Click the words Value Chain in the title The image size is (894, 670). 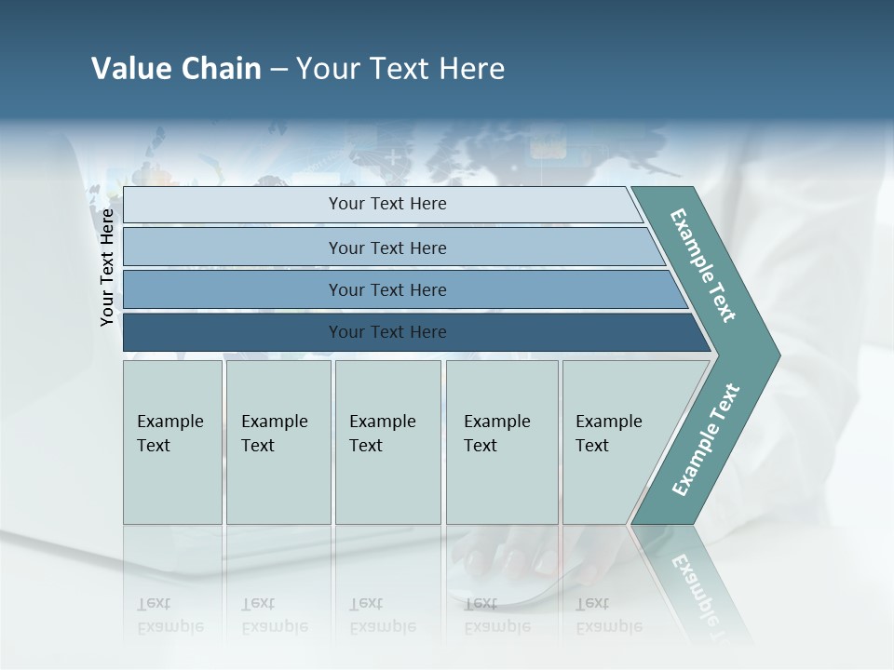pyautogui.click(x=176, y=69)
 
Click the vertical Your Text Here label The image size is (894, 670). pyautogui.click(x=108, y=267)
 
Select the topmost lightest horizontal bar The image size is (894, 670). pyautogui.click(x=233, y=205)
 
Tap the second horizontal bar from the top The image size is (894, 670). pyautogui.click(x=233, y=248)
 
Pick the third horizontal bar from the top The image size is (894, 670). pyautogui.click(x=233, y=289)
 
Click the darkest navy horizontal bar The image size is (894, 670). pyautogui.click(x=233, y=332)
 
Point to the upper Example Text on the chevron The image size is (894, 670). pyautogui.click(x=703, y=266)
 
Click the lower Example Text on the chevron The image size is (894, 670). pyautogui.click(x=705, y=440)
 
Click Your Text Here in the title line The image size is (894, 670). pyautogui.click(x=400, y=69)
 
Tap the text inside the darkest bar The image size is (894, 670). pyautogui.click(x=387, y=332)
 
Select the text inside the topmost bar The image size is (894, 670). pyautogui.click(x=387, y=204)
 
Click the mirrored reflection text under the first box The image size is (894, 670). pyautogui.click(x=169, y=615)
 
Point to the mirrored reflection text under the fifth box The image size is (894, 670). pyautogui.click(x=608, y=615)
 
